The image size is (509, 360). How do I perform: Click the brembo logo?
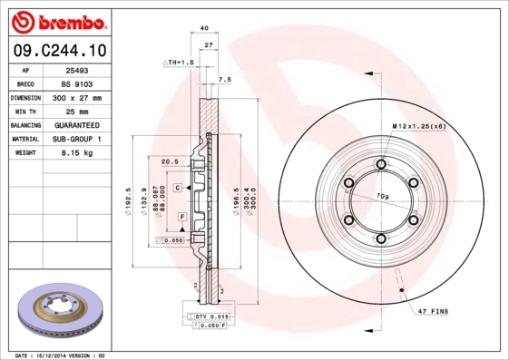coord(56,20)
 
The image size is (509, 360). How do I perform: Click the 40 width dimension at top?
coord(204,28)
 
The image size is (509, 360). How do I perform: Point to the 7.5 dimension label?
coord(225,79)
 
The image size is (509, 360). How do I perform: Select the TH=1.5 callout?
coord(180,62)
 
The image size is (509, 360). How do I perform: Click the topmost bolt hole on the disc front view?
coord(381,163)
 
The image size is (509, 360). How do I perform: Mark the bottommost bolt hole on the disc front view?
coord(381,239)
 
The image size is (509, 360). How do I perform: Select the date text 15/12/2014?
coord(60,355)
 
